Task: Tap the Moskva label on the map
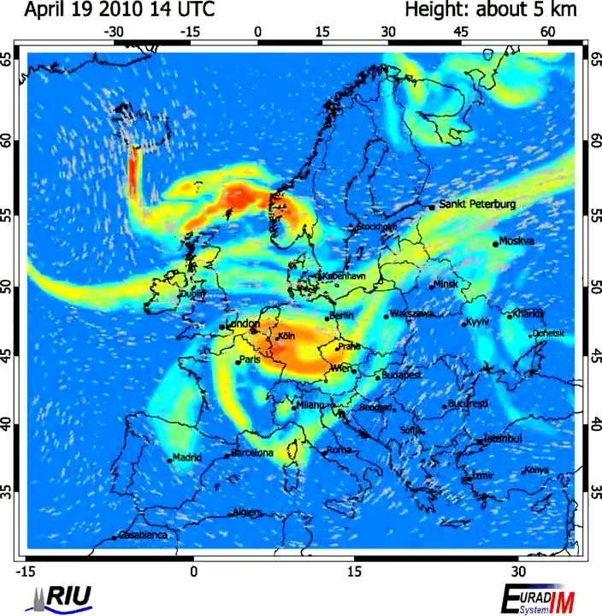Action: coord(516,241)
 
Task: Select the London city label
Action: coord(242,324)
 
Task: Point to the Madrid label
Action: coord(187,458)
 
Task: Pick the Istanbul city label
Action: coord(503,439)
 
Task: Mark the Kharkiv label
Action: coord(528,314)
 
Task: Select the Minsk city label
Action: coord(446,285)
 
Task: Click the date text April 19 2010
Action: coord(86,10)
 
